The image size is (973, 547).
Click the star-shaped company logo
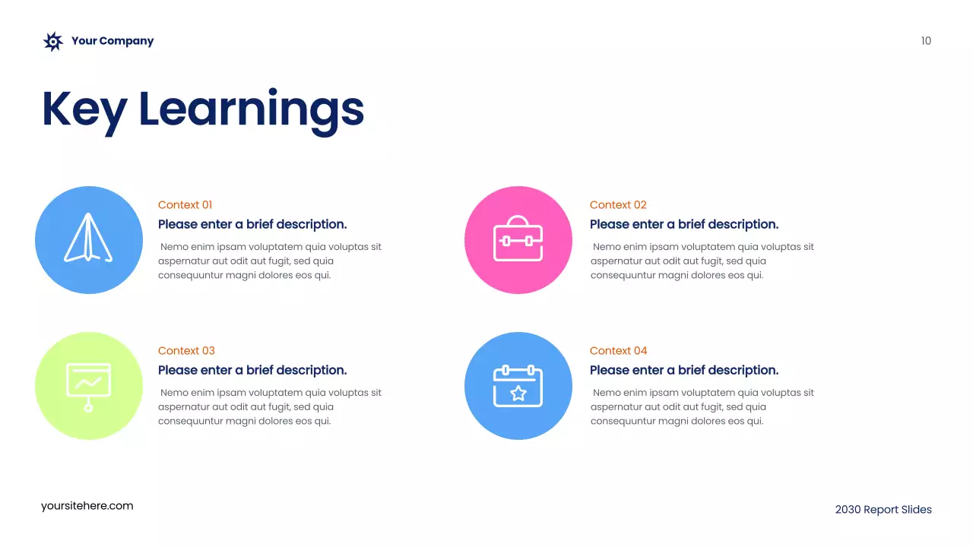pos(52,42)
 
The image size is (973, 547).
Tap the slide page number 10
pos(926,41)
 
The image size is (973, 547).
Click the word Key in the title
pos(84,109)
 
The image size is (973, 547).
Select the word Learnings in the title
pos(252,110)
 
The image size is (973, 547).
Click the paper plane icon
pos(88,239)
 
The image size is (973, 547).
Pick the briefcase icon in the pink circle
pos(518,239)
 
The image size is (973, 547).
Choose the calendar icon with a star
pos(518,386)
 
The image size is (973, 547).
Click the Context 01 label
pos(185,205)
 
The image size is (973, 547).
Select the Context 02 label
pos(618,205)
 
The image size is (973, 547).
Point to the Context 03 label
pos(186,351)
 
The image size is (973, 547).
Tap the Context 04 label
pos(618,351)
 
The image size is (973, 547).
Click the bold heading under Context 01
pos(252,224)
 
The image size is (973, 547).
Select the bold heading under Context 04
pos(684,370)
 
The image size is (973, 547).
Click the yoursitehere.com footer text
pos(87,506)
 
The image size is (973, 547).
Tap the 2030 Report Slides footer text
pos(883,510)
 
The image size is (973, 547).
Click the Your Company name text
pos(113,41)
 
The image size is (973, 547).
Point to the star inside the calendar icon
pos(518,394)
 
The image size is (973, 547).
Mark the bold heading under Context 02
pos(684,224)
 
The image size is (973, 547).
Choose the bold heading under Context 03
pos(252,370)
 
